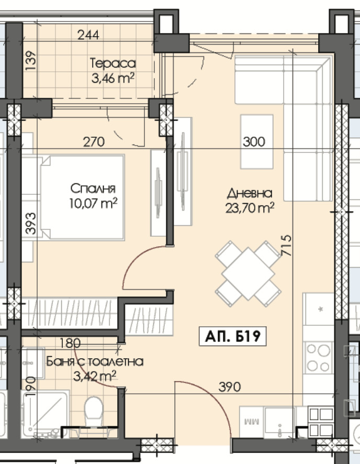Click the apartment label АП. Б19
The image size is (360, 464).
click(x=233, y=336)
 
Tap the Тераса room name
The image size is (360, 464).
click(x=113, y=63)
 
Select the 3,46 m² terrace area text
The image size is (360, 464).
click(x=113, y=79)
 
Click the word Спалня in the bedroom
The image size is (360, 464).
click(x=93, y=189)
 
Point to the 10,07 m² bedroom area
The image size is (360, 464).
click(x=93, y=203)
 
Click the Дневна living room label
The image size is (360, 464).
click(x=250, y=194)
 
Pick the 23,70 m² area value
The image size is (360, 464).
click(x=250, y=208)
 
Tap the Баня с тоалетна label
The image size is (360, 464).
click(x=95, y=361)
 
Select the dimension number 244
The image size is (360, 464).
click(x=88, y=35)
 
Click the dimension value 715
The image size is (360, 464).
click(x=286, y=245)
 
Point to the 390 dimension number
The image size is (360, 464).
click(x=230, y=387)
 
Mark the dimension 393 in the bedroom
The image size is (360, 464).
click(x=31, y=224)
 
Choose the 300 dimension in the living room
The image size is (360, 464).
click(x=254, y=142)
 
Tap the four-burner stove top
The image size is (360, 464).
click(x=318, y=358)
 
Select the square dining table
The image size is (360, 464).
click(x=248, y=274)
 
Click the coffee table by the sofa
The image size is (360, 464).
click(x=256, y=142)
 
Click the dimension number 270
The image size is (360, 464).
click(x=94, y=142)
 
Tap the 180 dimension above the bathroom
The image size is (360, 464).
click(x=70, y=343)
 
